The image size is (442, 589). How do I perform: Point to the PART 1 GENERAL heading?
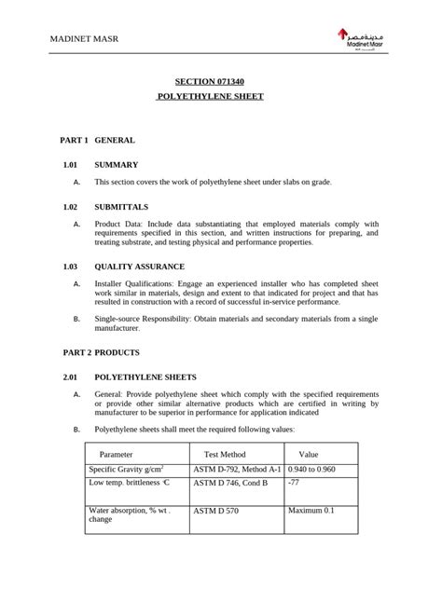point(98,140)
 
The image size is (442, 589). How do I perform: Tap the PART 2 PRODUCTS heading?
point(101,353)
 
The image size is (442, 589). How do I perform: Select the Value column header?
point(308,453)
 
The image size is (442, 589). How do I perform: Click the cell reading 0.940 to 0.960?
point(311,470)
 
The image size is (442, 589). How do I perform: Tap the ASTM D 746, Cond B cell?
point(230,484)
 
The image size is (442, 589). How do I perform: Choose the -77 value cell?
point(294,484)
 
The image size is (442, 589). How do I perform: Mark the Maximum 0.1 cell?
point(311,511)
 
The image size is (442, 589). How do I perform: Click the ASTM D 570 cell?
point(216,512)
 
